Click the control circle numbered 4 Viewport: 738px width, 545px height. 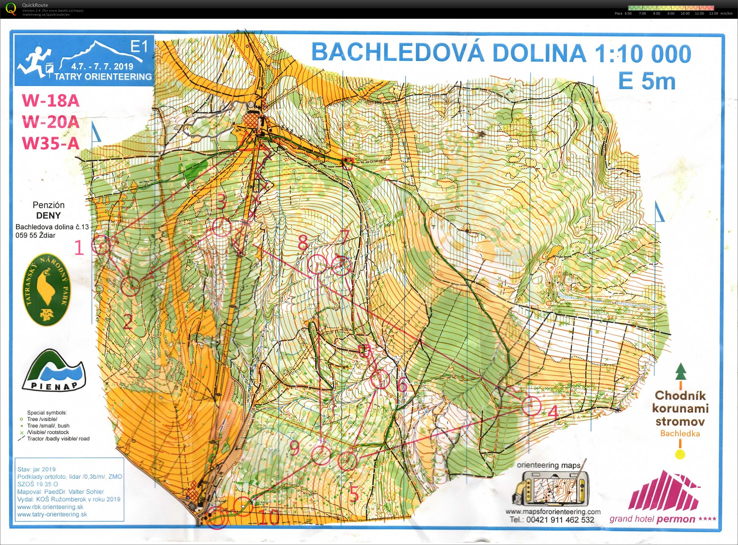[531, 406]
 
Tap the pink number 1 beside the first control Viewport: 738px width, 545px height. [79, 248]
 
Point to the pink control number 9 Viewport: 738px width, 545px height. [294, 448]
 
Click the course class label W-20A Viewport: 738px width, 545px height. [51, 122]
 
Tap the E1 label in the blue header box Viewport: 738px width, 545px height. [139, 47]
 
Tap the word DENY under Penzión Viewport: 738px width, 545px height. [48, 215]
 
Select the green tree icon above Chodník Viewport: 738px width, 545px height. [681, 372]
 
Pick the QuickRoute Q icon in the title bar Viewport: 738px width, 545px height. [11, 8]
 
